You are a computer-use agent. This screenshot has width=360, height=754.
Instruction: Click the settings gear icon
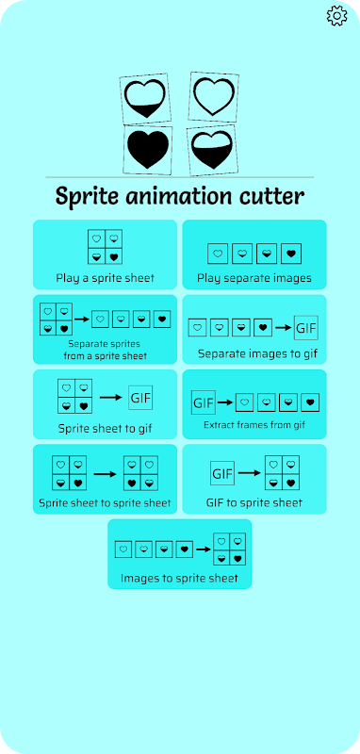point(336,15)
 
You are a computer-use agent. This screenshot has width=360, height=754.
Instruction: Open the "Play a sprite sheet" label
point(106,278)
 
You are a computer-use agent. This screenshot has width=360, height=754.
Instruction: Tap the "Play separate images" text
point(254,278)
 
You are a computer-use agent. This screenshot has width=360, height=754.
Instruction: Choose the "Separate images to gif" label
point(257,354)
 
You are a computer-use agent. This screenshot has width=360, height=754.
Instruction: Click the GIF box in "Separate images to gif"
point(306,328)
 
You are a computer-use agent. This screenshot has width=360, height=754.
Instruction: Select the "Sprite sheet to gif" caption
point(106,429)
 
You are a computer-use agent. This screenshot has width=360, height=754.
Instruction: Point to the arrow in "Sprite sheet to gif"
point(110,398)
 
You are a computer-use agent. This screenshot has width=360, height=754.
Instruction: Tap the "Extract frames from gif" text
point(254,425)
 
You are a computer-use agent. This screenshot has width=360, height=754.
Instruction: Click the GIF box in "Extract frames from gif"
point(204,403)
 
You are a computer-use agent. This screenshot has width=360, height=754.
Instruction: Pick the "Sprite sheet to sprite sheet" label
point(105,503)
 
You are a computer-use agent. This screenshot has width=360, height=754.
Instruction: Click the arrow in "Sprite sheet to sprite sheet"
point(106,474)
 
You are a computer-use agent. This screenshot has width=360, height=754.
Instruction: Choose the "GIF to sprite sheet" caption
point(254,503)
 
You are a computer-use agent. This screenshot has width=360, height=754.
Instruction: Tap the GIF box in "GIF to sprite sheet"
point(222,473)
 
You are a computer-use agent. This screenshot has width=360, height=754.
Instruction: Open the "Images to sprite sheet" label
point(179,578)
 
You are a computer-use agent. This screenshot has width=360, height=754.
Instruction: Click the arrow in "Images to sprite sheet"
point(204,549)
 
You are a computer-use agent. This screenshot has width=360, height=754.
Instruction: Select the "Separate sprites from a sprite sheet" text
point(105,350)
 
